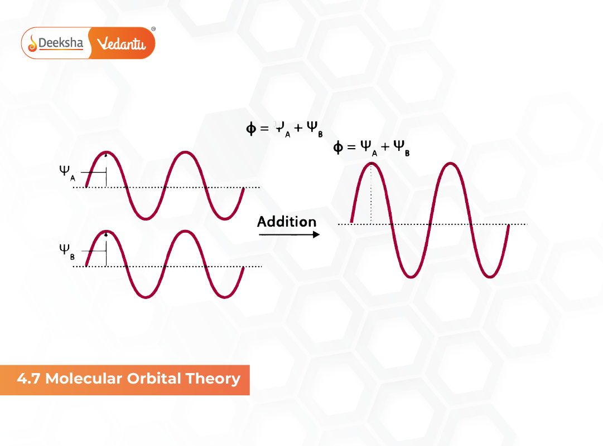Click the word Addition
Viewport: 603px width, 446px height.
point(287,222)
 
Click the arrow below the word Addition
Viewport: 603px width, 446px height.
point(289,235)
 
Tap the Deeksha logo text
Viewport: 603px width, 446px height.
point(61,43)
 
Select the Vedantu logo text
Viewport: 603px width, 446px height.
point(121,43)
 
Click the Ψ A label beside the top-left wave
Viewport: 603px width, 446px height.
point(65,171)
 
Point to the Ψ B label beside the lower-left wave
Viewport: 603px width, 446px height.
point(65,250)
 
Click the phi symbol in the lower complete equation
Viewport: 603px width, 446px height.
point(338,148)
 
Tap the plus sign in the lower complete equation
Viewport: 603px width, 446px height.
point(385,148)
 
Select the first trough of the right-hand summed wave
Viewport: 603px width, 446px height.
point(411,276)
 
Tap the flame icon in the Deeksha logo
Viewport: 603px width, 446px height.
point(32,43)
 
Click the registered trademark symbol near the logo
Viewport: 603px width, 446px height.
point(153,28)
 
